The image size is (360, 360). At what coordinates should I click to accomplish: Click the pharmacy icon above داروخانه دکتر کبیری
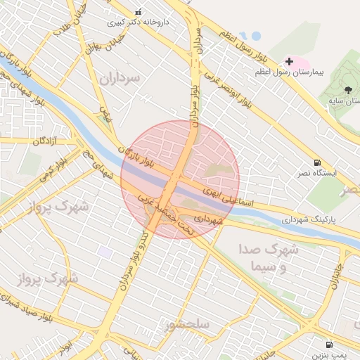pos(138,12)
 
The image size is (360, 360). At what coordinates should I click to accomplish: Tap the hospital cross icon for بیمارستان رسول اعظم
pos(289,62)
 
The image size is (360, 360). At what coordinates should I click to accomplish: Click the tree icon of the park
pos(348,89)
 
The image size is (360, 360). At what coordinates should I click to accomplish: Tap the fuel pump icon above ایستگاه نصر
pos(317,162)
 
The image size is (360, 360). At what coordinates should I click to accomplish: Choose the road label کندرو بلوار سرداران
pos(135,250)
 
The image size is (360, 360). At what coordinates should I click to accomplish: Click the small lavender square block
pos(105,252)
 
